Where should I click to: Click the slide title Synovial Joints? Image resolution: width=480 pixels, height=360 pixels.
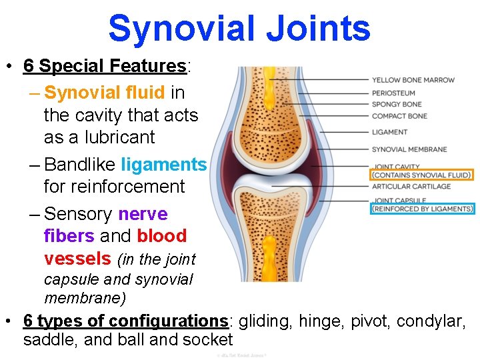[x=239, y=29]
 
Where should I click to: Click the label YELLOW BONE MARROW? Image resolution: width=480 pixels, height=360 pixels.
[x=413, y=80]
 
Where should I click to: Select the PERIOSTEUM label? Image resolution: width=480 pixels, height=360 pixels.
[x=393, y=93]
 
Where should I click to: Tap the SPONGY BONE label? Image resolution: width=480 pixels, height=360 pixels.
[x=397, y=104]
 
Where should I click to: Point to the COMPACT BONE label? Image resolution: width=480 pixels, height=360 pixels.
[x=399, y=116]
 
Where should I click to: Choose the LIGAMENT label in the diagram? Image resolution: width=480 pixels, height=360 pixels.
[x=389, y=132]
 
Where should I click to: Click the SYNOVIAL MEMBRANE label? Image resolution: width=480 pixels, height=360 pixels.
[x=409, y=149]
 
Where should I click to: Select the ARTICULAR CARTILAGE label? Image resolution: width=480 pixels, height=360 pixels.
[x=411, y=187]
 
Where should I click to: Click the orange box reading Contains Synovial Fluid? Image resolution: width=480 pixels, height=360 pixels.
[x=421, y=175]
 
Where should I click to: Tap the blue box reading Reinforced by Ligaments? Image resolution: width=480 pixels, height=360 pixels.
[x=423, y=209]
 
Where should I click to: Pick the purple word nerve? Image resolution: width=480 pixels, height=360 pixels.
[x=143, y=214]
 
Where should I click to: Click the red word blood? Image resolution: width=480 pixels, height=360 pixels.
[x=162, y=236]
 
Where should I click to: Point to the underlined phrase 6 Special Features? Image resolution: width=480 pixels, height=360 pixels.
[x=105, y=66]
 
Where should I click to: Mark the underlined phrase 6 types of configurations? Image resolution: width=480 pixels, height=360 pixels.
[x=125, y=321]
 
